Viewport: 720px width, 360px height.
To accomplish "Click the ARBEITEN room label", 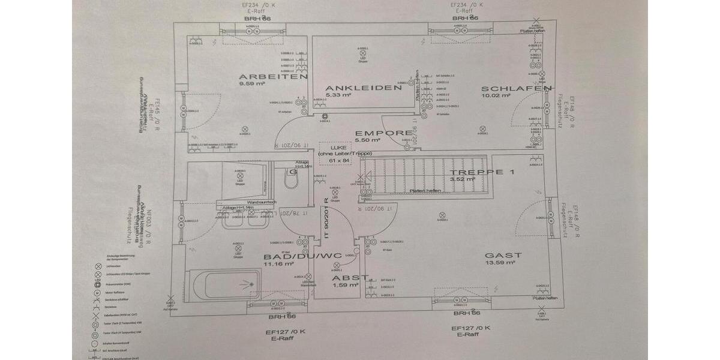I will coord(273,77).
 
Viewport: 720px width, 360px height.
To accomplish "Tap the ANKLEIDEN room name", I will coord(363,88).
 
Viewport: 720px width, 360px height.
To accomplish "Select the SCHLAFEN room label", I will coord(516,89).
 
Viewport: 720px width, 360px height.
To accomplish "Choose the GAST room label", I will coord(503,255).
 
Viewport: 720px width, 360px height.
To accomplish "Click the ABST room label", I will coord(346,278).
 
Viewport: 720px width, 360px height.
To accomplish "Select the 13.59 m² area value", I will coord(498,262).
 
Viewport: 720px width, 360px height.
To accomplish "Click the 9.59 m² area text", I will coord(252,84).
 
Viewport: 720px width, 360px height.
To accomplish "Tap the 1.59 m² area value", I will coord(346,285).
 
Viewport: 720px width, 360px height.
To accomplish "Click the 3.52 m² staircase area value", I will coord(463,179).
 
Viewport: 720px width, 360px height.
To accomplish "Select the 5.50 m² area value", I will coord(368,140).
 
